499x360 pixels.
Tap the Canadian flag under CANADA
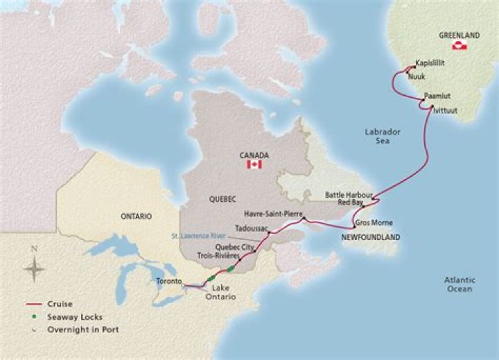(254, 164)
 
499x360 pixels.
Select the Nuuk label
(417, 76)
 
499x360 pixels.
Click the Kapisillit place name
(430, 62)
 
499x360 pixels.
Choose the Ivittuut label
(444, 110)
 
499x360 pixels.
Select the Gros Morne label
(374, 223)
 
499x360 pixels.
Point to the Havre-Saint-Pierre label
(273, 214)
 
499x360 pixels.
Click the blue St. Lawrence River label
(206, 237)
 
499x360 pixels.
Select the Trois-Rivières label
(218, 256)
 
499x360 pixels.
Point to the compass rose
(34, 266)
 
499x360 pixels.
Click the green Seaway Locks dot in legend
(32, 317)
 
